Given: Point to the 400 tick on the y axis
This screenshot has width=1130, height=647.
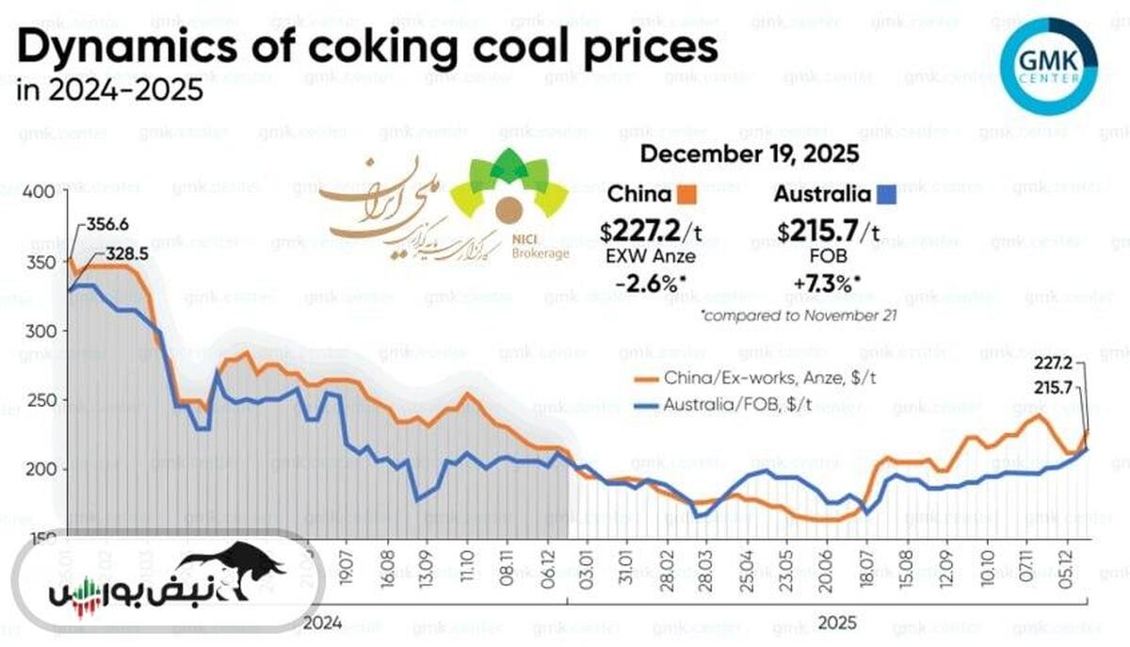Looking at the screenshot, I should click(39, 191).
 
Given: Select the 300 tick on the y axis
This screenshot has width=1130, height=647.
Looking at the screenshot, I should click(39, 331).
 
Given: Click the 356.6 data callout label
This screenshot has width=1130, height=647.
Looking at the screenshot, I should click(105, 225).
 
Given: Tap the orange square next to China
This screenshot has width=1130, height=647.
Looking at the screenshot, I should click(686, 196).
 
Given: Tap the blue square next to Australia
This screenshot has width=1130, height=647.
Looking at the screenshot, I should click(886, 196).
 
